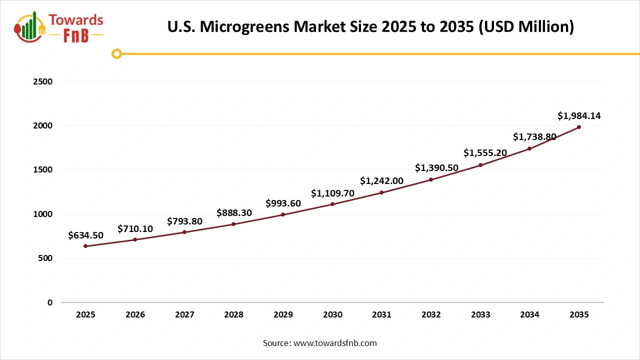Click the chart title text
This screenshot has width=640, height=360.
click(x=370, y=26)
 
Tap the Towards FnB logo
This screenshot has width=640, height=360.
click(x=59, y=27)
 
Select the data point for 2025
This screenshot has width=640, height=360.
click(x=85, y=246)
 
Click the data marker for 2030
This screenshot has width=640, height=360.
click(x=332, y=204)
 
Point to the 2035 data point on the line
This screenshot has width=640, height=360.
click(x=579, y=127)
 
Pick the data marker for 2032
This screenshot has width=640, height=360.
click(x=431, y=179)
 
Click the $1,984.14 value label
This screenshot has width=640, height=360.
click(x=579, y=116)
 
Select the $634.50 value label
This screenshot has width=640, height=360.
click(x=85, y=235)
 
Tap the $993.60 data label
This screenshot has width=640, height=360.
click(x=283, y=203)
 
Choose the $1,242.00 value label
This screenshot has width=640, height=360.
click(x=381, y=181)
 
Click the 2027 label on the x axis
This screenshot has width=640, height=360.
click(x=184, y=315)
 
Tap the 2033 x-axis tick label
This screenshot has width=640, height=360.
click(x=480, y=315)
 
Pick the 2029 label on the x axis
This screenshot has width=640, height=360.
click(x=283, y=315)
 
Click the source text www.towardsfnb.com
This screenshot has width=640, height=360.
click(x=319, y=343)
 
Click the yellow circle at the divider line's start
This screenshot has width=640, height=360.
click(x=116, y=54)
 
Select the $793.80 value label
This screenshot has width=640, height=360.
click(x=184, y=221)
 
